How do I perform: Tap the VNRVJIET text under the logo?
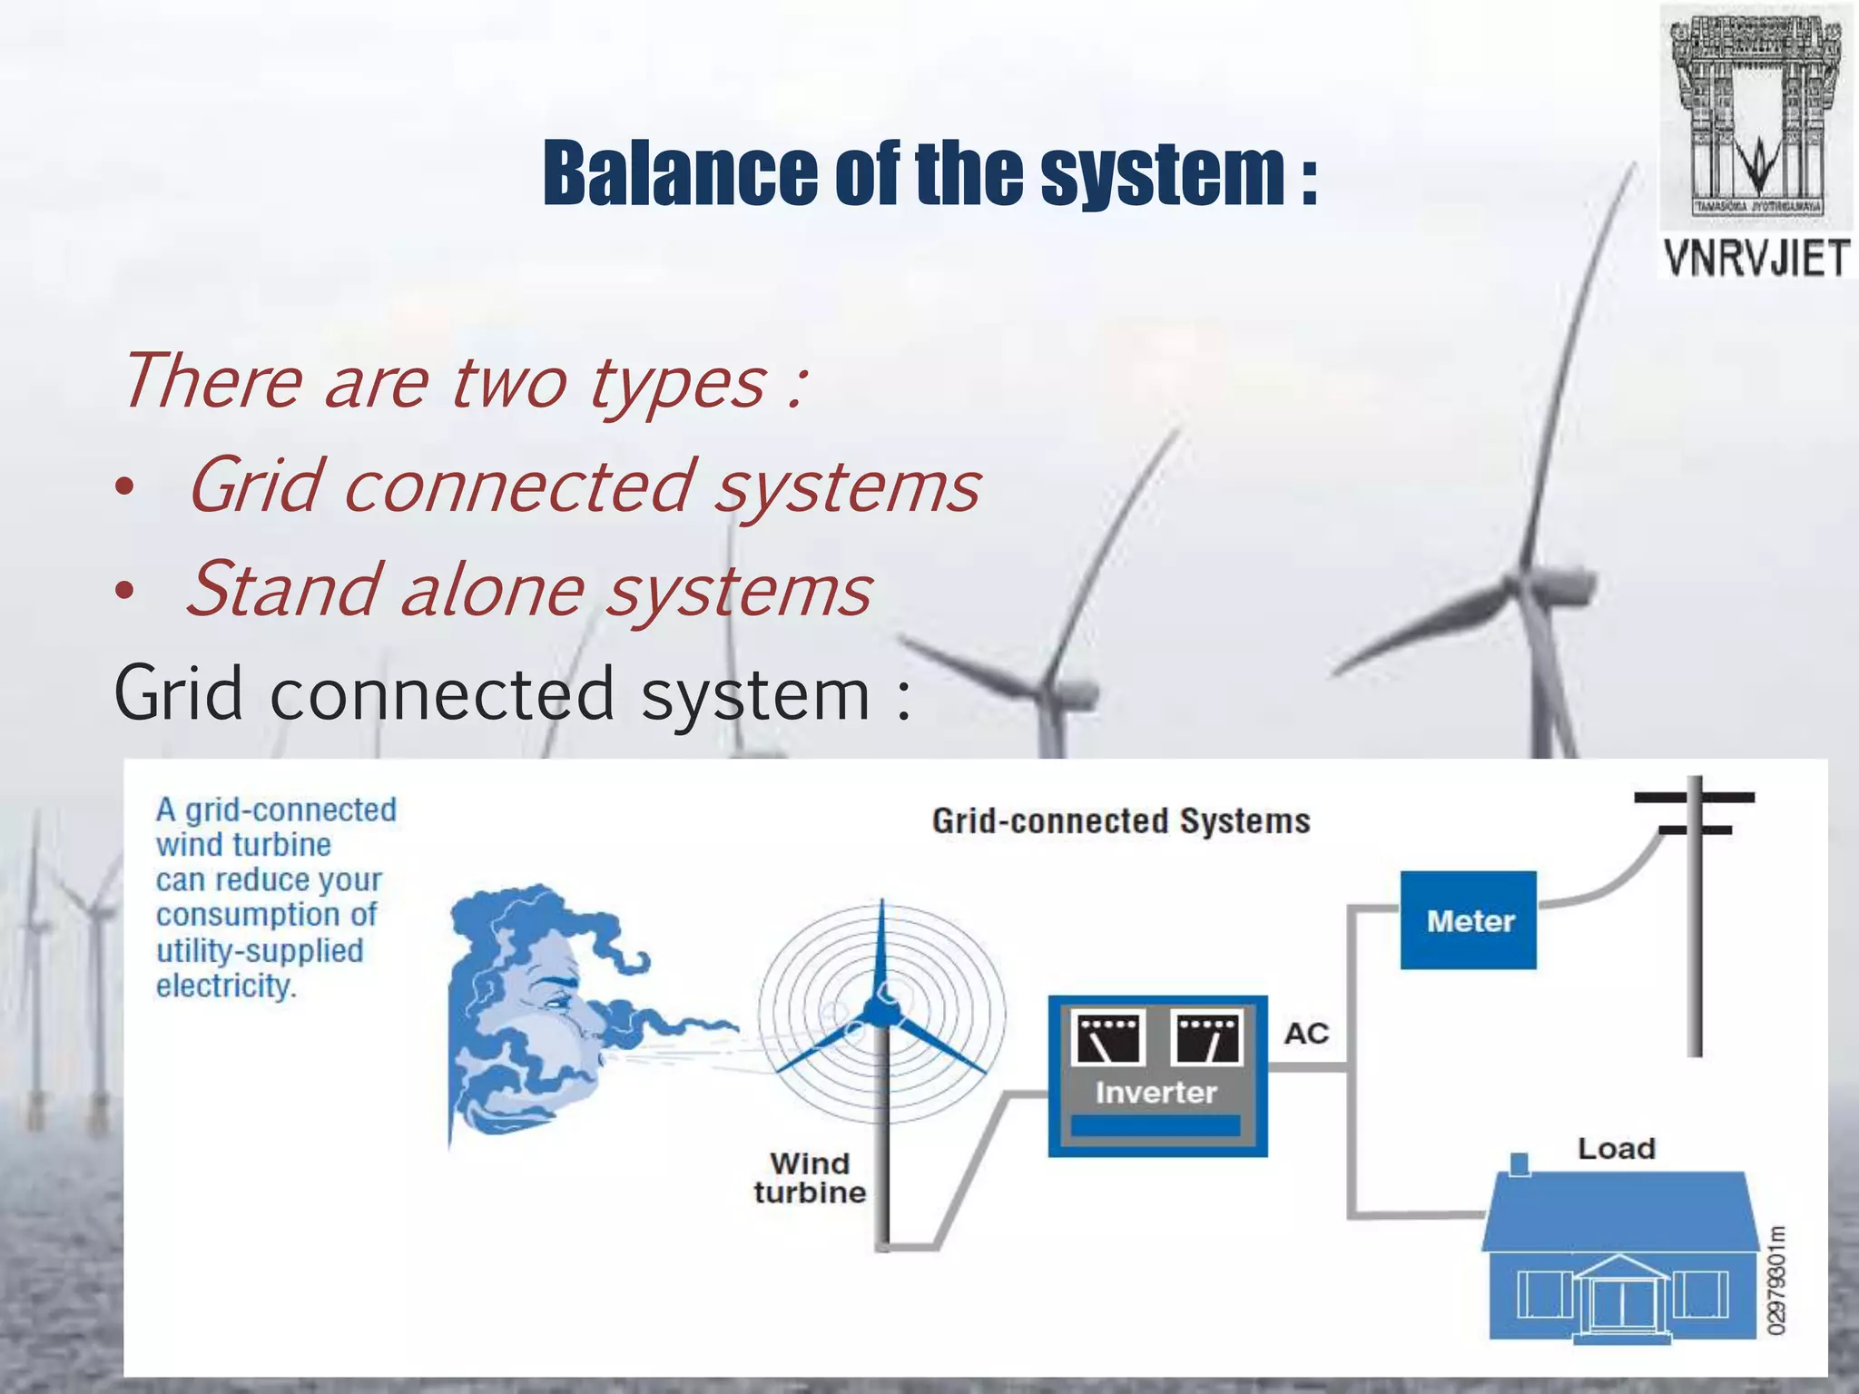(1756, 259)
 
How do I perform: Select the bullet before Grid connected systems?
(124, 490)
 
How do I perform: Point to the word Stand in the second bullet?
(280, 590)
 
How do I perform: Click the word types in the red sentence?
(676, 383)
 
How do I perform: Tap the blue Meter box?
(1468, 920)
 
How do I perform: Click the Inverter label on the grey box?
(1156, 1093)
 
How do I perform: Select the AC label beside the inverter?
(1306, 1034)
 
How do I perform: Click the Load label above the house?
(1616, 1149)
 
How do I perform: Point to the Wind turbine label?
(809, 1178)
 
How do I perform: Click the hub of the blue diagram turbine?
(879, 1011)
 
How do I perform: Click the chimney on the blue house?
(1520, 1164)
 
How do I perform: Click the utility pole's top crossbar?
(1694, 798)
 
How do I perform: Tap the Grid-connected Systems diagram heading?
(1121, 821)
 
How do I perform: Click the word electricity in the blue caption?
(225, 987)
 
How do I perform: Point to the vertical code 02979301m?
(1776, 1280)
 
